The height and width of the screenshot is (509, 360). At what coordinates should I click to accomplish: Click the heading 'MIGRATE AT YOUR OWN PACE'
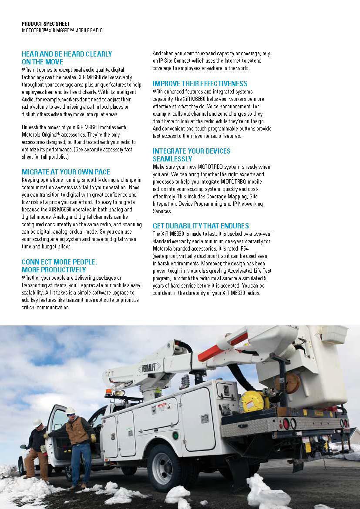point(66,172)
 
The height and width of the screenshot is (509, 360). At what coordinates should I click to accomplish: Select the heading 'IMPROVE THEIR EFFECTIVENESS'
point(200,84)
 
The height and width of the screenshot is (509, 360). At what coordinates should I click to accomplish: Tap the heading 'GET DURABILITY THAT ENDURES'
point(201,226)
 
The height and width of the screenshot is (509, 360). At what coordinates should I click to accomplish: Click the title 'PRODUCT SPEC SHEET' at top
point(46,24)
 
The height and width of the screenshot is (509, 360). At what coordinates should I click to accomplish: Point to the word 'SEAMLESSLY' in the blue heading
point(172,159)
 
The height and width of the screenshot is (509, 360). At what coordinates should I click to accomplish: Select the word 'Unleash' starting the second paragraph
point(31,127)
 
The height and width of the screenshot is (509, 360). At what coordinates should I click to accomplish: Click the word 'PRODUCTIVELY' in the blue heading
point(60,270)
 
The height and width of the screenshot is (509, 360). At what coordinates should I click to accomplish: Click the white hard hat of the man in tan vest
point(70,411)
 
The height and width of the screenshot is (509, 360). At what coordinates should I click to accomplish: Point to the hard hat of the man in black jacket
point(38,422)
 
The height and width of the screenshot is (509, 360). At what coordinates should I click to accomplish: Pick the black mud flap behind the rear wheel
point(237,472)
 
